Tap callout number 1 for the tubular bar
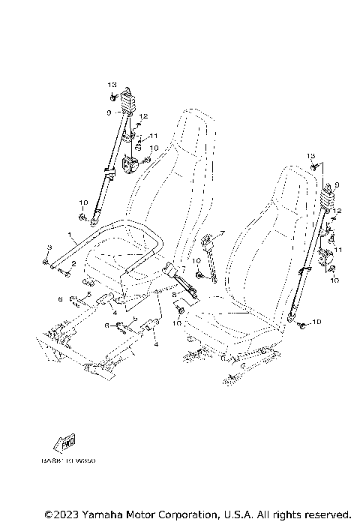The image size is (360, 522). (70, 235)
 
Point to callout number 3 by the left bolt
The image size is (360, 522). (48, 248)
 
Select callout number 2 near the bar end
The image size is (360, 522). (73, 264)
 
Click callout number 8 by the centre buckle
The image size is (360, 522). (174, 295)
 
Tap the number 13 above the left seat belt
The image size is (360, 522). (112, 84)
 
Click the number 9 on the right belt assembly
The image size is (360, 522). (337, 184)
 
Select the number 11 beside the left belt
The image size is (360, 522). (153, 136)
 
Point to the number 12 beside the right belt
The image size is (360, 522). (337, 211)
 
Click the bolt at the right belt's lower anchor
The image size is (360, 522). (300, 324)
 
